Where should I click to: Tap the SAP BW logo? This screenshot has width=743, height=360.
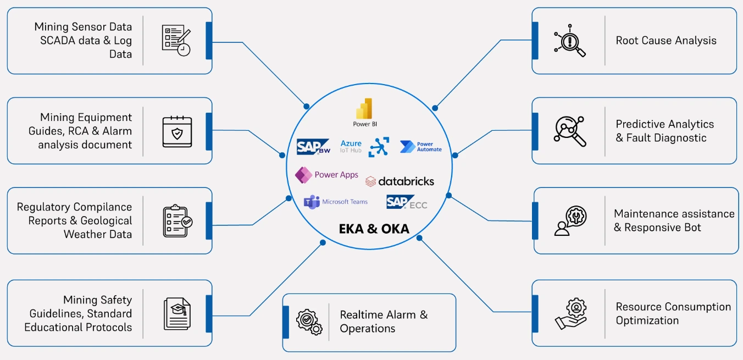click(x=313, y=147)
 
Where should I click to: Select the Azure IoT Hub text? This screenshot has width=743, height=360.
click(x=351, y=147)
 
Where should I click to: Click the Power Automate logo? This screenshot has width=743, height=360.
click(x=420, y=147)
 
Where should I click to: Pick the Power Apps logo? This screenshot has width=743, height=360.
click(x=327, y=175)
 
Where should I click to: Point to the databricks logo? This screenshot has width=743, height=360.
click(x=400, y=181)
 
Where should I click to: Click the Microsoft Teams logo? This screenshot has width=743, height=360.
click(x=336, y=202)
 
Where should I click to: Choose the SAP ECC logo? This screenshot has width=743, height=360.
click(x=406, y=203)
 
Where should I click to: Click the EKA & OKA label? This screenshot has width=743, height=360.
click(x=374, y=229)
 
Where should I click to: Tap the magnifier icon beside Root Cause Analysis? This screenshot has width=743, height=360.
click(x=570, y=41)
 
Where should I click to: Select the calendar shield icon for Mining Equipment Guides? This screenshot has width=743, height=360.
click(x=177, y=131)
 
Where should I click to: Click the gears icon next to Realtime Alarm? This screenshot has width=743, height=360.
click(x=309, y=322)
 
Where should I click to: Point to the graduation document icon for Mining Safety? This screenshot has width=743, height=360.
click(x=177, y=314)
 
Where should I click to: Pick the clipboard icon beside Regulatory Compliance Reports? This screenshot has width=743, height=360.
click(x=177, y=221)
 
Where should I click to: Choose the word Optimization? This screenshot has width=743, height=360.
click(x=647, y=320)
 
